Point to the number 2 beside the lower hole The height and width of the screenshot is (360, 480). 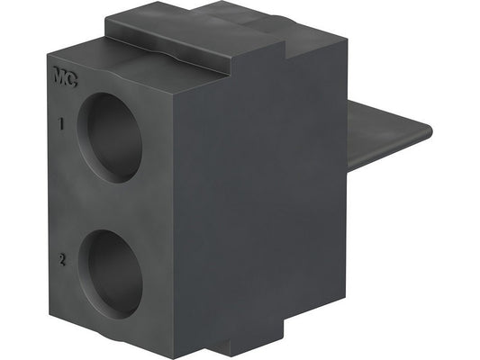click(x=60, y=260)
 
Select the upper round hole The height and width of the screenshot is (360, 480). click(x=112, y=137)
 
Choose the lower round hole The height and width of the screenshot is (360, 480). click(x=113, y=273)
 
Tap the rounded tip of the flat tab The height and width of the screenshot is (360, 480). click(x=427, y=131)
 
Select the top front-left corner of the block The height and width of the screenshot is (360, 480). click(x=46, y=58)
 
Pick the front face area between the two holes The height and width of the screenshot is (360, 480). click(x=113, y=205)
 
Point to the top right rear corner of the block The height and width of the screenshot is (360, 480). click(x=344, y=38)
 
